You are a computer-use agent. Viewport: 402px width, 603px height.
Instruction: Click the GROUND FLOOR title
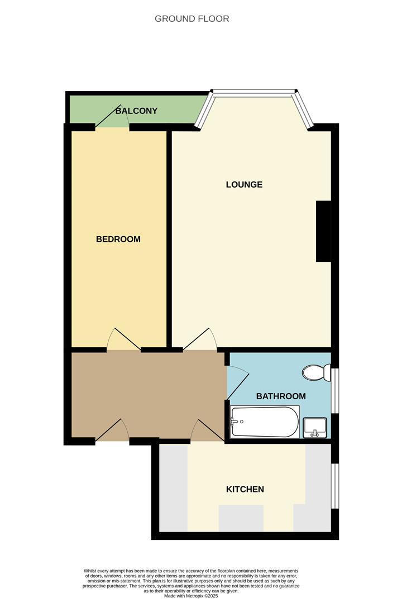(192, 18)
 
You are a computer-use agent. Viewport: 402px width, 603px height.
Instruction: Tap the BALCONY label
(137, 111)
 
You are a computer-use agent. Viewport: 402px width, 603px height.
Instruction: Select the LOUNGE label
(245, 185)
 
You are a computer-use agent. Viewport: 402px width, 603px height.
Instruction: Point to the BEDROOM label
(118, 239)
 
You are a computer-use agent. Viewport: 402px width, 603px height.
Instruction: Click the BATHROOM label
(281, 396)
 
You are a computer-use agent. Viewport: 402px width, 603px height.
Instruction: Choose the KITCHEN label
(245, 489)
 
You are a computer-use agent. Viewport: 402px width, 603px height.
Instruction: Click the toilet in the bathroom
(316, 372)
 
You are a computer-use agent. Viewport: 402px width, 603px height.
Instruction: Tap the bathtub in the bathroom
(265, 422)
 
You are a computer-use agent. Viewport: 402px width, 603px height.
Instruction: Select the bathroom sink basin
(315, 428)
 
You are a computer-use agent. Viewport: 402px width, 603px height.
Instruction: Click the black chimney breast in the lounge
(323, 231)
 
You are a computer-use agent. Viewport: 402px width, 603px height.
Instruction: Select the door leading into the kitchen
(208, 430)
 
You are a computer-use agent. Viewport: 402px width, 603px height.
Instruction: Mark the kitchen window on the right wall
(335, 486)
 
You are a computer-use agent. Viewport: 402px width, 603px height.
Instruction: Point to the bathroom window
(335, 391)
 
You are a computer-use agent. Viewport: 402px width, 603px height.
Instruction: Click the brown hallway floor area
(149, 394)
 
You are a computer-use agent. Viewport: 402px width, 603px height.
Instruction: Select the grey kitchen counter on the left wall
(174, 487)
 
